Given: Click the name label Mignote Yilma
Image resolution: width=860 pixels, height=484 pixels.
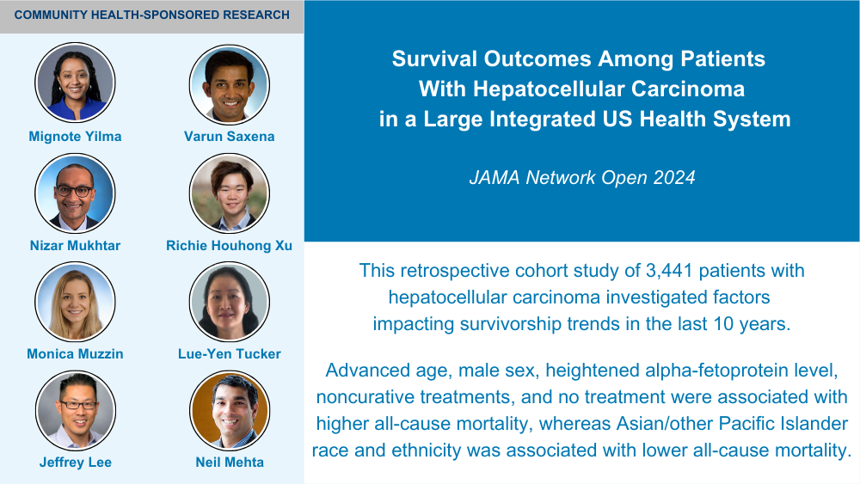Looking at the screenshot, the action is (75, 137).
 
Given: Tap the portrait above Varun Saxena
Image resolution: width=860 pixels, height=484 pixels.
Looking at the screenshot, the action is (230, 84).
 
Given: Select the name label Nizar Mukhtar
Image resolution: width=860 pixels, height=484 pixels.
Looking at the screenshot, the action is (75, 246).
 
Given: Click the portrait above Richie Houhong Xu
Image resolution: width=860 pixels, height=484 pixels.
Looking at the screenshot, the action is (230, 193).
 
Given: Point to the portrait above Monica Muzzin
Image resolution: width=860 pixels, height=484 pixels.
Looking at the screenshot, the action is (75, 302).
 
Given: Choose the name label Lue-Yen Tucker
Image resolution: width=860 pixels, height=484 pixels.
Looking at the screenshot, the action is (230, 354).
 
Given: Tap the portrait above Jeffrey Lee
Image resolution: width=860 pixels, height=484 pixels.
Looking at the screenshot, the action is (75, 411).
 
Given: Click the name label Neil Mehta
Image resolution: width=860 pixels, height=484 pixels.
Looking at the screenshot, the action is (230, 463).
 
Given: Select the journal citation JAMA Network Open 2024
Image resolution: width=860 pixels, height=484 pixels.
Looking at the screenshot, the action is (582, 178).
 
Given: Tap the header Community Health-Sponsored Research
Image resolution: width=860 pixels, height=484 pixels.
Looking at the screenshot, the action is (152, 15).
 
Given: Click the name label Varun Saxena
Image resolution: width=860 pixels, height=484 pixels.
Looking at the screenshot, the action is (230, 137).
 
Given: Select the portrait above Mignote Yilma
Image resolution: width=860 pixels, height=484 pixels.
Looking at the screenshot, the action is (75, 83).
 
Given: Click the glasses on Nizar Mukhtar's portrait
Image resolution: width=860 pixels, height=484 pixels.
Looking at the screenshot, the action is (75, 192).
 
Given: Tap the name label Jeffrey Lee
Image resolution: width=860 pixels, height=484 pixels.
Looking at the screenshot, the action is (75, 463).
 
